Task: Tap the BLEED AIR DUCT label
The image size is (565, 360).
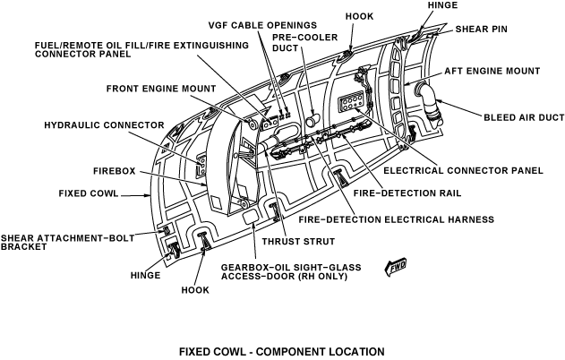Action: tap(523, 116)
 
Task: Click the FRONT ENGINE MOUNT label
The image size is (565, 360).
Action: tap(160, 89)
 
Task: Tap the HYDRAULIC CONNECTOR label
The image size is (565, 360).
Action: tap(103, 124)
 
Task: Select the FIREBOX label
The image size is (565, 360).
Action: tap(113, 169)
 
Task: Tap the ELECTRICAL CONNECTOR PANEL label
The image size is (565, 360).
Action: tap(463, 169)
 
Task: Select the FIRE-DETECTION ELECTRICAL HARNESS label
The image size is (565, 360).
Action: tap(396, 219)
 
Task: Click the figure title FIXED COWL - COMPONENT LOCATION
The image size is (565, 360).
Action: tap(282, 350)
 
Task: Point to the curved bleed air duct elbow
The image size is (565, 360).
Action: tap(429, 97)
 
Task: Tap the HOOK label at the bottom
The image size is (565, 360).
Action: tap(195, 290)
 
